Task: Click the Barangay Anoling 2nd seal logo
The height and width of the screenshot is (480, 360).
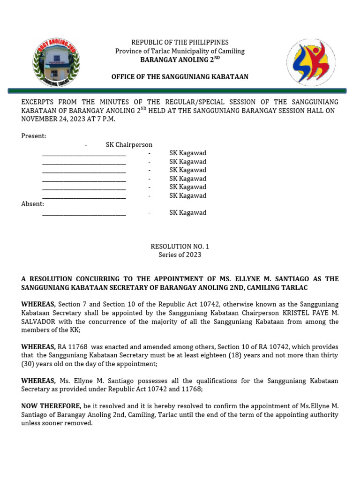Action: [x=56, y=63]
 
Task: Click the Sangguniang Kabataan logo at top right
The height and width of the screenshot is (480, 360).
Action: [x=311, y=62]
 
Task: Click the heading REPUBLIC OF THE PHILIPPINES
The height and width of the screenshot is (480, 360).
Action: [x=180, y=43]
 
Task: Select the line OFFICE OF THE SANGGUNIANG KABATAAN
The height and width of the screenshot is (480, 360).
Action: [x=180, y=77]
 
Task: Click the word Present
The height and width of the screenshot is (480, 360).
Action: [x=33, y=136]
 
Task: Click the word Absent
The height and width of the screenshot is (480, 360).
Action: [x=32, y=204]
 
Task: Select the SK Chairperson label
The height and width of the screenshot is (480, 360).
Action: [x=129, y=145]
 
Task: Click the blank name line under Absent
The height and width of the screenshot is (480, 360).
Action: [x=84, y=213]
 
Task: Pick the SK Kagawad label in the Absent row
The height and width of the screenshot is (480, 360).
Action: [x=187, y=213]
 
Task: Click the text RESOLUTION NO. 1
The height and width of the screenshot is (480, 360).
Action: [x=180, y=246]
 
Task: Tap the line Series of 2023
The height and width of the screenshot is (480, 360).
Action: [x=180, y=255]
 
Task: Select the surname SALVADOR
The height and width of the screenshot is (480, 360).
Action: [x=38, y=321]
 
